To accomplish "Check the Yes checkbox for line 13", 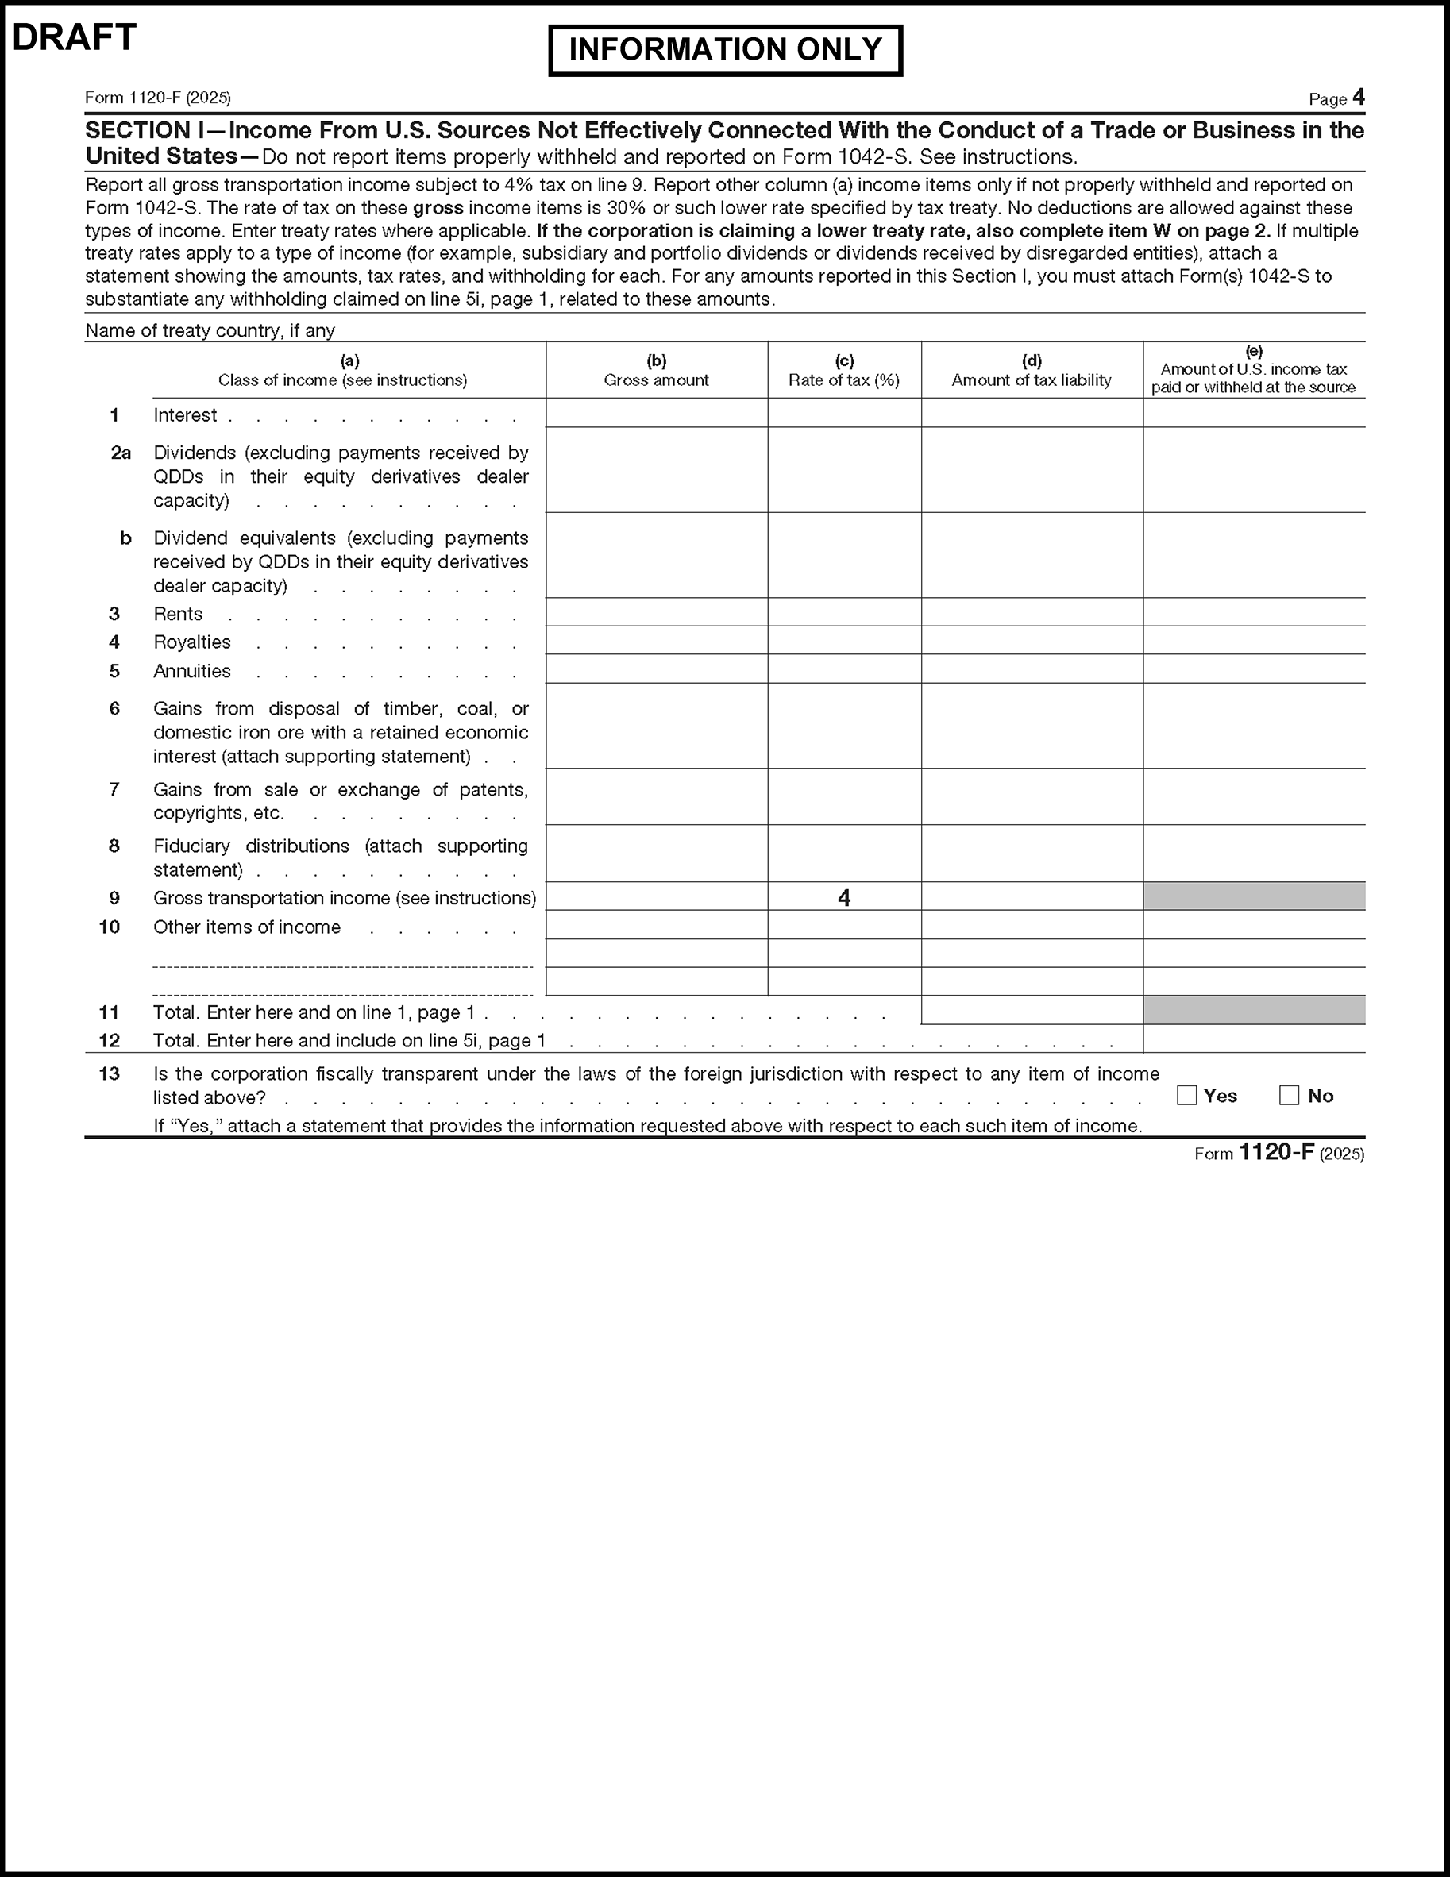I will tap(1187, 1095).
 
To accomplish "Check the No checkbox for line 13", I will tap(1289, 1095).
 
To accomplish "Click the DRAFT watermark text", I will tap(75, 38).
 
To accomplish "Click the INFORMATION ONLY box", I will tap(726, 50).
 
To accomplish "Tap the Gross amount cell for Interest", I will tap(657, 414).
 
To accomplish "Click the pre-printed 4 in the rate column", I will tap(844, 898).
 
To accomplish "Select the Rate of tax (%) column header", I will tap(844, 372).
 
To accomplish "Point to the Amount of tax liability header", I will tap(1032, 372).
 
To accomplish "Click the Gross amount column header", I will tap(657, 372).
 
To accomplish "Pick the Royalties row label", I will tap(192, 642).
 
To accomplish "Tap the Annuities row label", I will tap(192, 671).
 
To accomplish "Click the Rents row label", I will tap(178, 614).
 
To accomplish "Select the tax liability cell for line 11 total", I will tap(1032, 1010).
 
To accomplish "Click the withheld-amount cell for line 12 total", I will tap(1253, 1039).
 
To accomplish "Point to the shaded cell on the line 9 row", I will tap(1253, 896).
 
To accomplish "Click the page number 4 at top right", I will tap(1358, 97).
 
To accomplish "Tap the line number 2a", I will tap(121, 453).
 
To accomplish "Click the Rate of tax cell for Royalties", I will tap(844, 640).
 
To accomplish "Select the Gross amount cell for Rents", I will tap(657, 612).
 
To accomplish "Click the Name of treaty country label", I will tap(210, 331).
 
